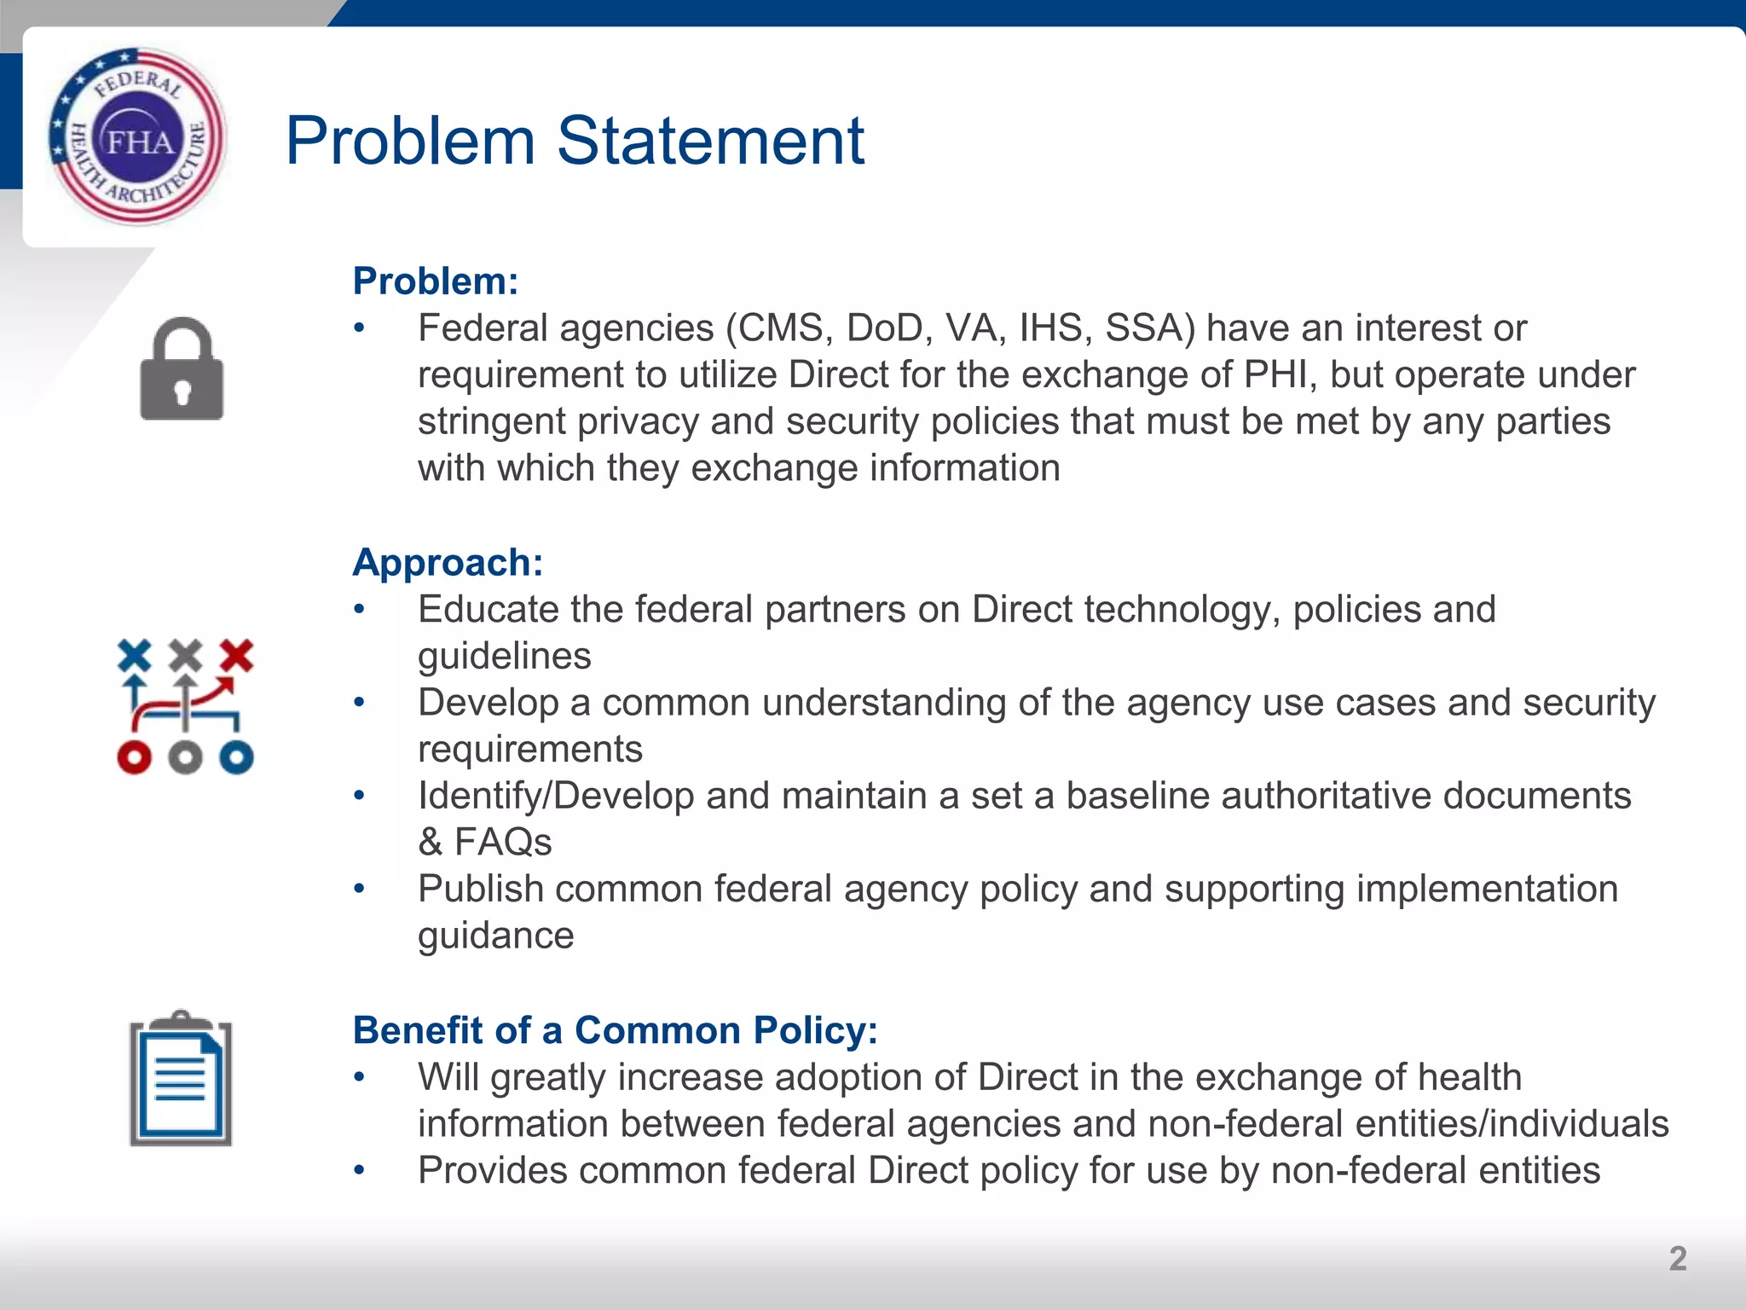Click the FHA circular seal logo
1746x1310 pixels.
(x=138, y=136)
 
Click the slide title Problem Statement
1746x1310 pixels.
(x=575, y=141)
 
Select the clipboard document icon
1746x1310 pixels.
(x=181, y=1079)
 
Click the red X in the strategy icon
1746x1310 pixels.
(x=236, y=655)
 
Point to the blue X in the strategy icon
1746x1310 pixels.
(x=134, y=655)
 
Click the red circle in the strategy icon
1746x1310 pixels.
(x=134, y=756)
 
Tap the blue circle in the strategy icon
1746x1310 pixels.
(x=236, y=756)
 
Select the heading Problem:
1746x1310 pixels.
(x=436, y=281)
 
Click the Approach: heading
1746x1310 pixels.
(x=448, y=563)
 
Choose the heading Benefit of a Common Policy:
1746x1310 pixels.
(x=615, y=1030)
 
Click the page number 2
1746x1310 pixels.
(x=1677, y=1259)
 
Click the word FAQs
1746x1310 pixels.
(x=503, y=843)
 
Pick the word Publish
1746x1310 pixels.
(x=481, y=890)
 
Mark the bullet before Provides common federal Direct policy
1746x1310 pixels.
(x=360, y=1170)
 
